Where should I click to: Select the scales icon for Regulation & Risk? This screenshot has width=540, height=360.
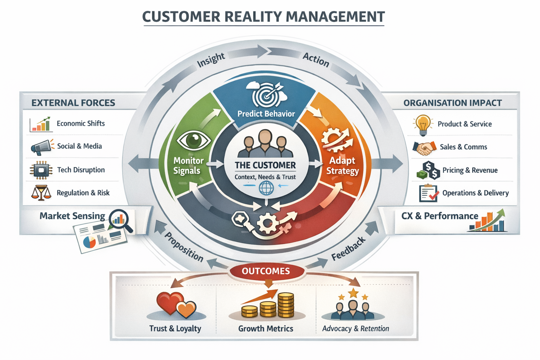pos(41,193)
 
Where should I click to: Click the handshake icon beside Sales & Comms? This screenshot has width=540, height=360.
pos(424,148)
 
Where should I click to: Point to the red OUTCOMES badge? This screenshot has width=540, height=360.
pos(266,271)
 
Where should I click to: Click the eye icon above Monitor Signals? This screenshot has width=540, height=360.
pos(193,140)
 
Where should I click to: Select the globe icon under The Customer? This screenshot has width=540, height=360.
pos(266,188)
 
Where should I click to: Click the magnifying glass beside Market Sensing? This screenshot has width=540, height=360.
pos(121,220)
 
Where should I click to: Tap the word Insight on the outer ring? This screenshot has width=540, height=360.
pos(211,59)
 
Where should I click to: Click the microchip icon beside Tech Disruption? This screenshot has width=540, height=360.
pos(41,171)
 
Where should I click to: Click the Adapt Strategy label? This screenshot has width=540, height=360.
pos(342,166)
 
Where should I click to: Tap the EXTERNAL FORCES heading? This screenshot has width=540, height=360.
pos(73,103)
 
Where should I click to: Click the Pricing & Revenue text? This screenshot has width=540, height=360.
pos(470,170)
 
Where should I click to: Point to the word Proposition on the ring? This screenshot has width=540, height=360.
pos(184,247)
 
